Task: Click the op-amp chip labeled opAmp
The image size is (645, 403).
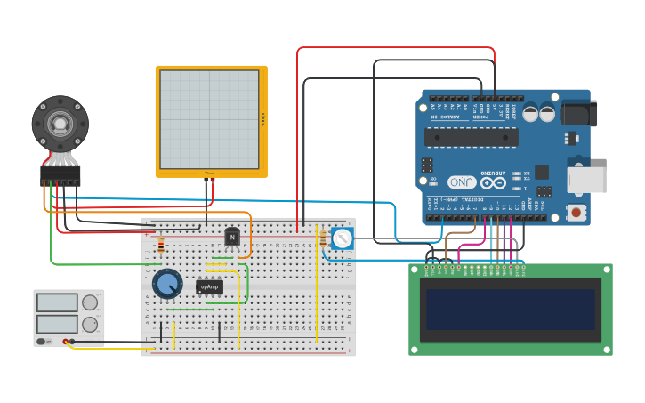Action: tap(209, 286)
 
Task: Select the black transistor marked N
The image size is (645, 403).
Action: tap(232, 237)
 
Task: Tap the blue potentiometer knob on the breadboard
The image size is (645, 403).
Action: tap(166, 284)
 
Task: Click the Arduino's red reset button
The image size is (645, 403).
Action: tap(576, 213)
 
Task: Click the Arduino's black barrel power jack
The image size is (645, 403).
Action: tap(579, 113)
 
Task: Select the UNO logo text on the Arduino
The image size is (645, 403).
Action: tap(462, 181)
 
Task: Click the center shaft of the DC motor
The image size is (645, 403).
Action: tap(60, 123)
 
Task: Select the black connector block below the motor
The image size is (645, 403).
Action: tap(60, 176)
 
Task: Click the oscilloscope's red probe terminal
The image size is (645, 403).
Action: tap(214, 181)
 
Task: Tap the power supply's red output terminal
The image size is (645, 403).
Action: tap(66, 342)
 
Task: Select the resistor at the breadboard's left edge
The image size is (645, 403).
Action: tap(161, 245)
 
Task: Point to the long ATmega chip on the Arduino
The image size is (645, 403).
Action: tap(471, 136)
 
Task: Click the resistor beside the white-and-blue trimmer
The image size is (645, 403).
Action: tap(322, 238)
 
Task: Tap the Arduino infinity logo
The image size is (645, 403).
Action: tap(494, 181)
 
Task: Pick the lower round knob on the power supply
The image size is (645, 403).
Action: tap(90, 325)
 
